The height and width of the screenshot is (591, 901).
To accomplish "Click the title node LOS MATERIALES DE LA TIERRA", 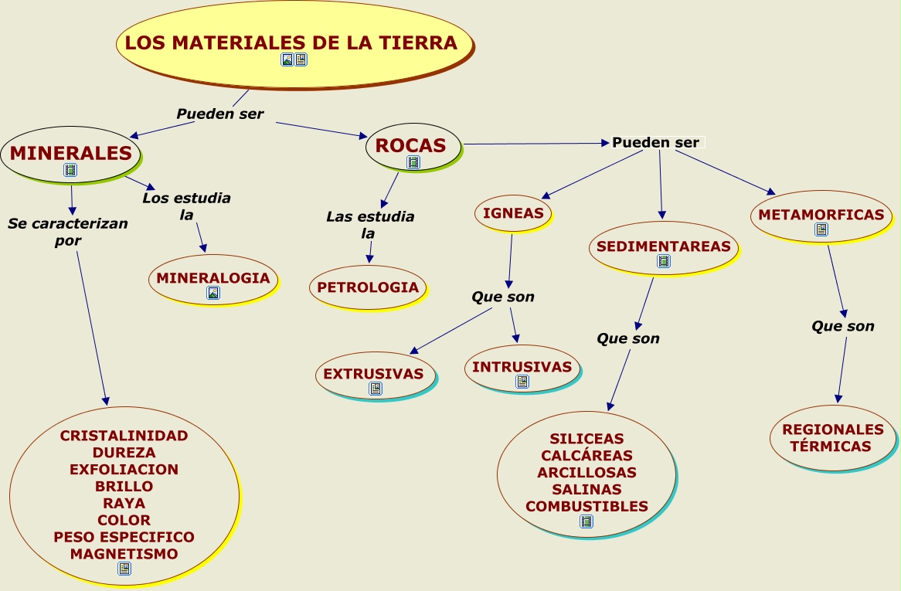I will pos(291,42).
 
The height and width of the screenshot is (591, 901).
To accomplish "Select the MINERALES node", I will pos(70,153).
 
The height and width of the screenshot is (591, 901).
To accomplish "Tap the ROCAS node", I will pos(411,145).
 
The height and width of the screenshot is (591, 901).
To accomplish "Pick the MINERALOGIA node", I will pos(213,278).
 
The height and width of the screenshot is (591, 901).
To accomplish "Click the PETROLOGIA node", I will pos(368,287).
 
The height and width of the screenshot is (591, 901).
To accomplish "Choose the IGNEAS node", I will pos(513,213).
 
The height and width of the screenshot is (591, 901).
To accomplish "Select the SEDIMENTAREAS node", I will pos(664,246).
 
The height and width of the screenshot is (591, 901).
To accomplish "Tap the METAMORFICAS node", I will pos(821,215).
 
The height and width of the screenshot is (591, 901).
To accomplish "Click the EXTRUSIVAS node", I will pos(373,374).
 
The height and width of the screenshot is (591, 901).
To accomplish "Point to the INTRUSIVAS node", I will pos(522,367).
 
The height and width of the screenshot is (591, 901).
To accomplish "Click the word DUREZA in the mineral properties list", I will pos(124,452).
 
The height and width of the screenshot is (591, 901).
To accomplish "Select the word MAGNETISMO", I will pos(124,554).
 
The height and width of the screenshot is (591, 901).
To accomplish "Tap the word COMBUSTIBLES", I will pos(586,506).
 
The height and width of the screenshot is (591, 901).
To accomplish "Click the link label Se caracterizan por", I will pos(68,232).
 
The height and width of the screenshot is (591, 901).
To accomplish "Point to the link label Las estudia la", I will pos(369,224).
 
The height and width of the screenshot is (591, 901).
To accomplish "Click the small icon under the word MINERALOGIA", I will pos(213,293).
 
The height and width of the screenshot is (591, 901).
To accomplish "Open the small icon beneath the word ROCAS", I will pos(413,162).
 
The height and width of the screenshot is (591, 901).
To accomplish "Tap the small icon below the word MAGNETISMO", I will pos(124,569).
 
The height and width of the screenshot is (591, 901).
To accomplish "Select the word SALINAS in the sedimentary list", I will pos(586,489).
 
